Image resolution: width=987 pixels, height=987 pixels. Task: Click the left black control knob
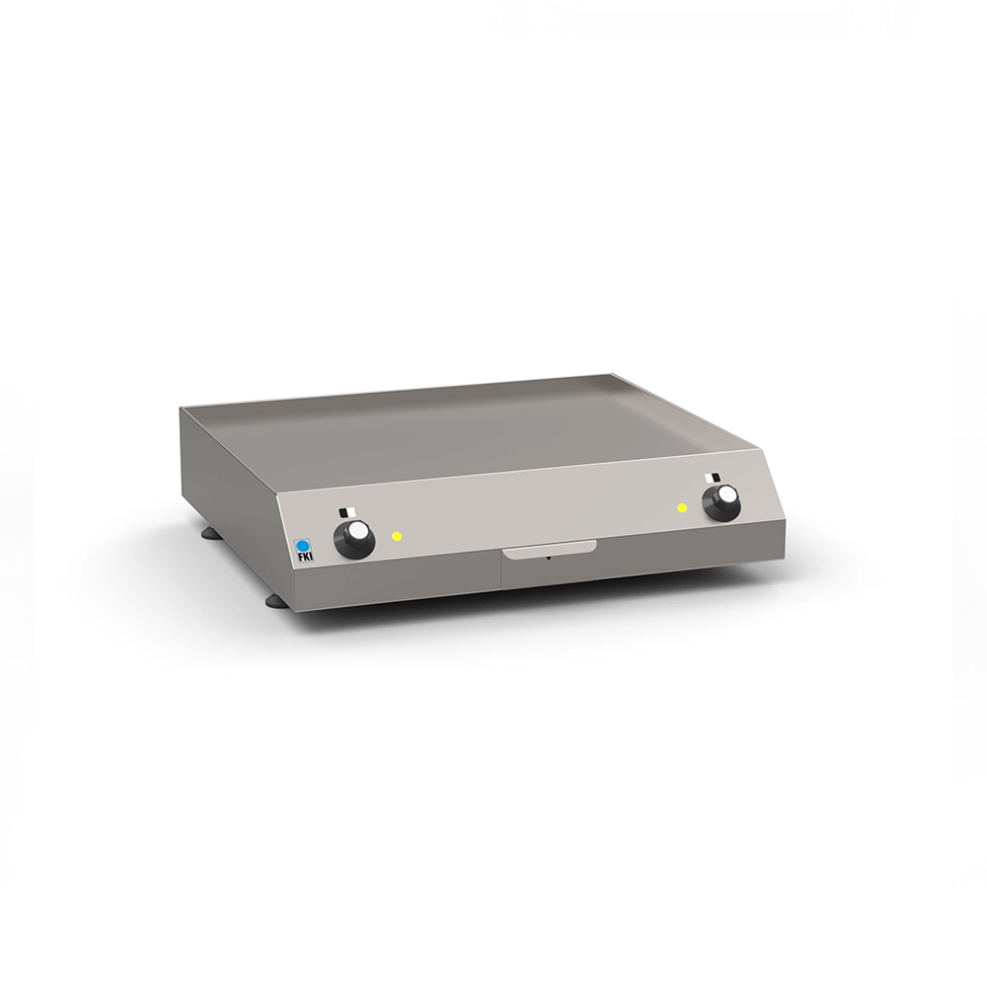353,539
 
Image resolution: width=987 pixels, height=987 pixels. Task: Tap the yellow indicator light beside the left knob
397,537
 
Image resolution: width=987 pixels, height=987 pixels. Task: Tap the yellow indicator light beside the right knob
682,508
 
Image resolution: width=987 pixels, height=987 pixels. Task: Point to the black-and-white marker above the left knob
342,513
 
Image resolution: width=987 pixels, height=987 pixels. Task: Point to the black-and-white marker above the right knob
710,479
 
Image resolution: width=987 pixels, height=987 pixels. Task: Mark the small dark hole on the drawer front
550,558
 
